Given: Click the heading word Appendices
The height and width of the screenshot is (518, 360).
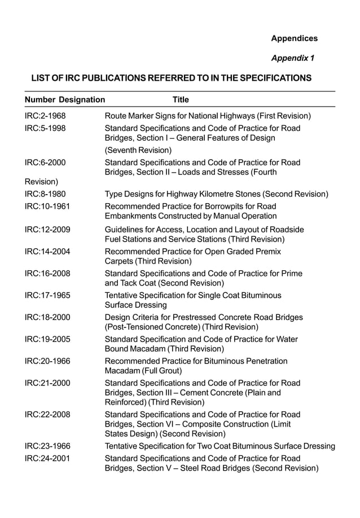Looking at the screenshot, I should tap(294, 38).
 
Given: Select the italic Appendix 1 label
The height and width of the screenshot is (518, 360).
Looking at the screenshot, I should tap(293, 58).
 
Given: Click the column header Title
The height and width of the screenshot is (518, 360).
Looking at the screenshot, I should tap(181, 100).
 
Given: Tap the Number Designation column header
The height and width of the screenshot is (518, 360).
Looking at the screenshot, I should tap(65, 100).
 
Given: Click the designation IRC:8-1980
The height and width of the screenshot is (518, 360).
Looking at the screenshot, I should tap(45, 194).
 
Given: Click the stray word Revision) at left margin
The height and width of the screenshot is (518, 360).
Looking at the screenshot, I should tap(41, 182).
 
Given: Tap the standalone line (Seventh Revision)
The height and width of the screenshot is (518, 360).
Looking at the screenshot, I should tap(138, 150).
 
